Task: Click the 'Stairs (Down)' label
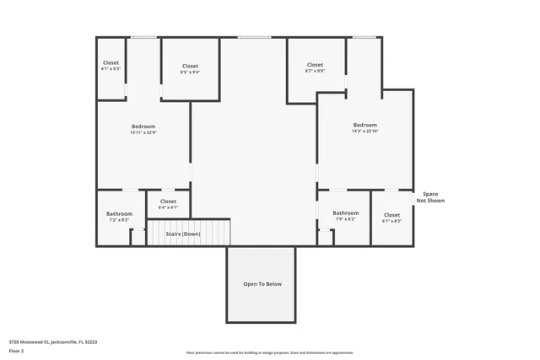[x=183, y=234]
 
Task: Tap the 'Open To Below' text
[x=262, y=284]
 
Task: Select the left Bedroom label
[x=143, y=126]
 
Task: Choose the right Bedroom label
[x=365, y=125]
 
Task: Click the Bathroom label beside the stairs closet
[x=119, y=213]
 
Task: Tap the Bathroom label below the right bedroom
[x=345, y=213]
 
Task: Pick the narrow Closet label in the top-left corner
[x=111, y=62]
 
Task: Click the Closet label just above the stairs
[x=168, y=201]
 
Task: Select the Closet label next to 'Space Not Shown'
[x=392, y=214]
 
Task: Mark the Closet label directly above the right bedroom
[x=315, y=65]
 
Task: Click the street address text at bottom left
[x=53, y=341]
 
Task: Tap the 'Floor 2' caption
[x=17, y=350]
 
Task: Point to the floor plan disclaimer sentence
[x=269, y=352]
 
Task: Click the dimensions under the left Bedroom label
[x=143, y=132]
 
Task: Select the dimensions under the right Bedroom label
[x=365, y=131]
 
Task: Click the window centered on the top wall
[x=254, y=37]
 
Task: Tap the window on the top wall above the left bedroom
[x=143, y=37]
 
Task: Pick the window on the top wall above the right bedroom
[x=364, y=37]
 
